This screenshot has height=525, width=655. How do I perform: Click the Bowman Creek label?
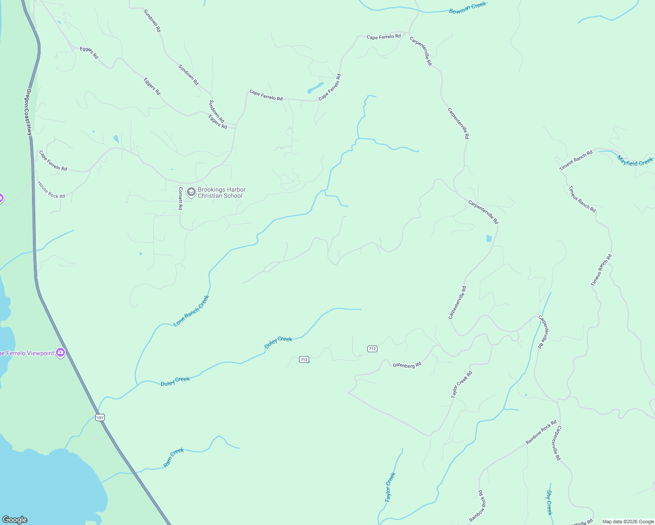pyautogui.click(x=468, y=8)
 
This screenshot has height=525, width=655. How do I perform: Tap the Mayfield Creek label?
pyautogui.click(x=635, y=161)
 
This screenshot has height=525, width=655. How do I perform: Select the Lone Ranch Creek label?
pyautogui.click(x=191, y=311)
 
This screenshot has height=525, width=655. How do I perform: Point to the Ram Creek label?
pyautogui.click(x=173, y=458)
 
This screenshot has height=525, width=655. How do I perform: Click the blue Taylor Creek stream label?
pyautogui.click(x=390, y=487)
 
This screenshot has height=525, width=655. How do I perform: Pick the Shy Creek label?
pyautogui.click(x=549, y=502)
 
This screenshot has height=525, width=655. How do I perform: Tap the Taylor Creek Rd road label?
pyautogui.click(x=461, y=385)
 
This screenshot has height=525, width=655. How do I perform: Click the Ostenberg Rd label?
pyautogui.click(x=407, y=365)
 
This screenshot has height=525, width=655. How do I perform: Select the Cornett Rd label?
pyautogui.click(x=180, y=198)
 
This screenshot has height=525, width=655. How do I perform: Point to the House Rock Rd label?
pyautogui.click(x=51, y=190)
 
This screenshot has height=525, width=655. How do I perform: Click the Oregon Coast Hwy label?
pyautogui.click(x=29, y=112)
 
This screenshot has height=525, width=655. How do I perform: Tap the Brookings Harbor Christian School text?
pyautogui.click(x=221, y=192)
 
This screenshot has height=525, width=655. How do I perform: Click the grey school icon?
pyautogui.click(x=191, y=192)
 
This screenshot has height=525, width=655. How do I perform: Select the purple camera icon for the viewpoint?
pyautogui.click(x=60, y=352)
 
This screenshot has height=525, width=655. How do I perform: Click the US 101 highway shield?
pyautogui.click(x=100, y=417)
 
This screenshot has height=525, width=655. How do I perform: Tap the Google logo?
pyautogui.click(x=15, y=520)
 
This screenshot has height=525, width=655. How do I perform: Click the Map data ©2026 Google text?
pyautogui.click(x=627, y=521)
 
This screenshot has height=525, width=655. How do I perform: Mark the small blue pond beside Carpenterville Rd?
pyautogui.click(x=489, y=238)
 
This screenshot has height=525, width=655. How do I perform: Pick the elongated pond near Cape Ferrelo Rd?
pyautogui.click(x=315, y=87)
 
